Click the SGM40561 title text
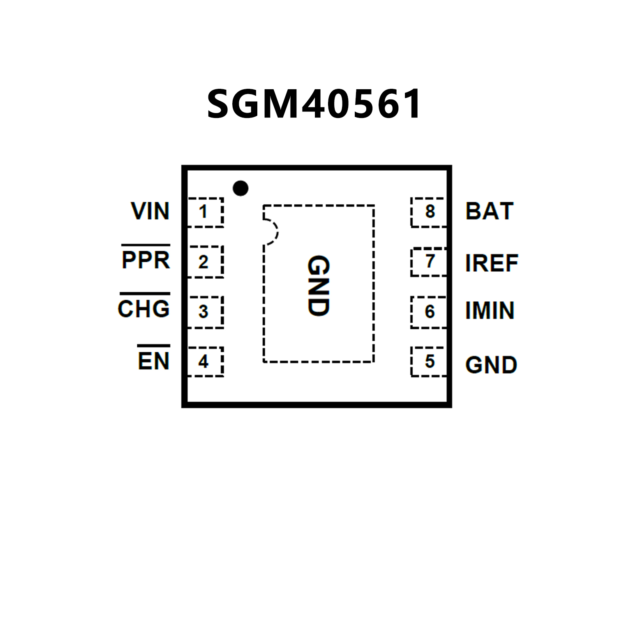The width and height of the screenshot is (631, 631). point(314,104)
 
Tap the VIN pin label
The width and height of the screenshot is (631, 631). point(150,211)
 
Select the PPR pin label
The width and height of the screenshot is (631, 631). point(146,260)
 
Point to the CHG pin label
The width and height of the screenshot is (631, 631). point(144,309)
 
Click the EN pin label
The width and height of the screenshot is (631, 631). point(154,361)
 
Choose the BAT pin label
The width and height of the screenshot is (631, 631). point(489,211)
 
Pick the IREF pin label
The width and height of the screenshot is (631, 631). point(492,263)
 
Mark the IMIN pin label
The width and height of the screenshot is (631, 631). point(490,311)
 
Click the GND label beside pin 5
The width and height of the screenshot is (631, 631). point(491,365)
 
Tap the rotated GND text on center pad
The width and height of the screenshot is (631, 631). point(319,286)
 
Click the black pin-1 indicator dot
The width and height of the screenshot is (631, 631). point(240,188)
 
